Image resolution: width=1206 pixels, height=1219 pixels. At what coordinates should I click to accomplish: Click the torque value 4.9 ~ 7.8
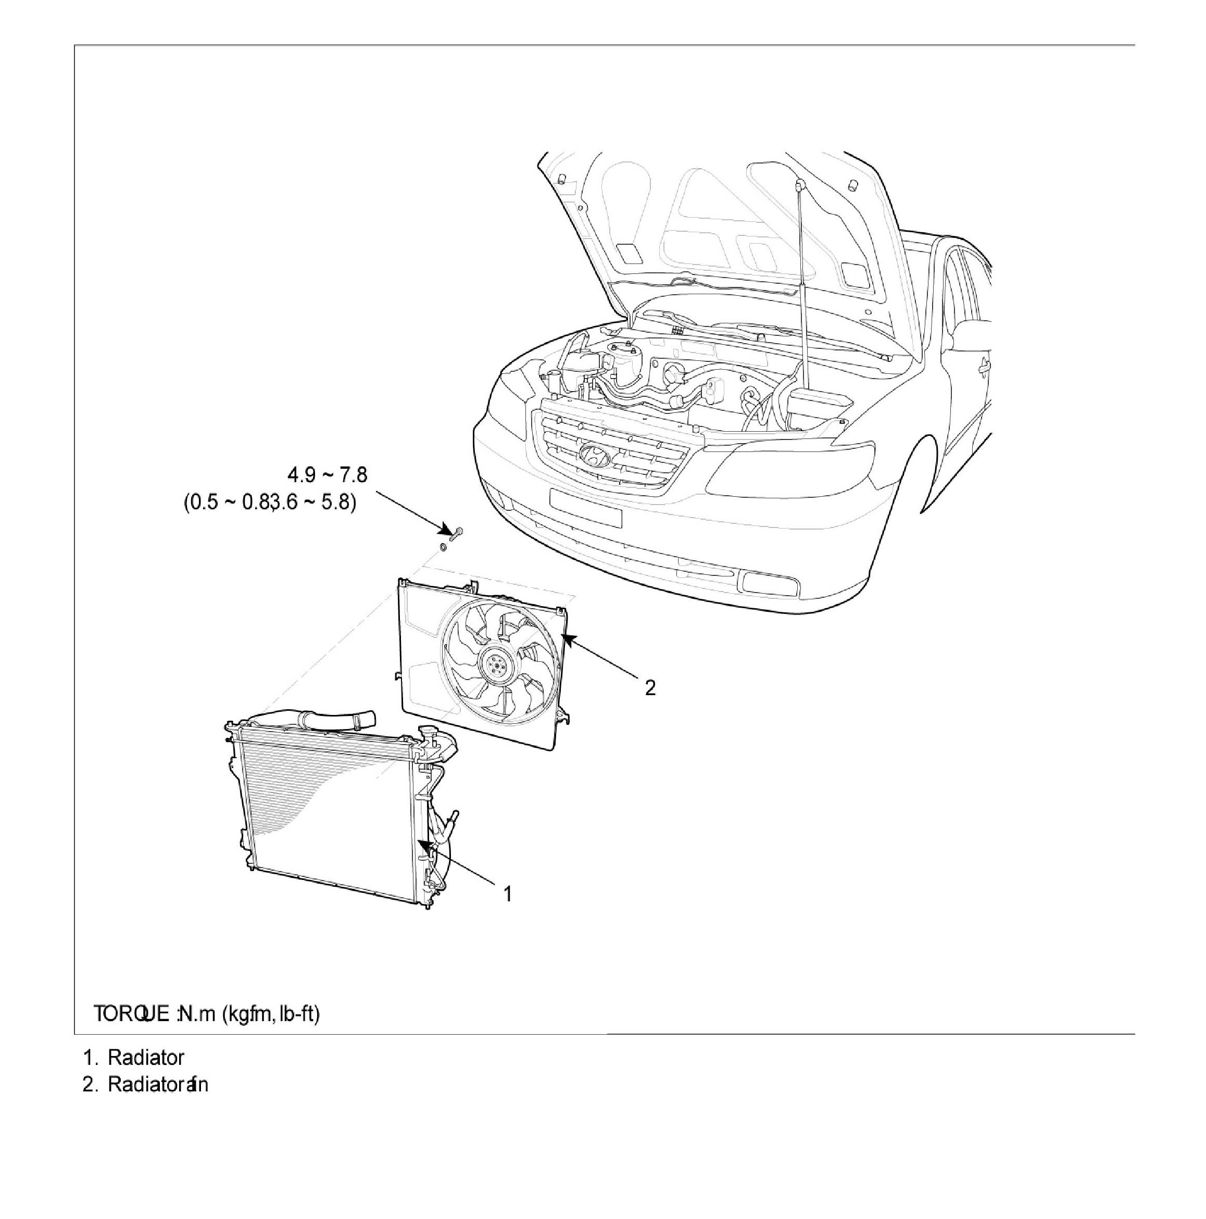326,474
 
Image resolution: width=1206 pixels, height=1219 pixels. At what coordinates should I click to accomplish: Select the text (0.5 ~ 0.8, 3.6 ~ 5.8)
269,503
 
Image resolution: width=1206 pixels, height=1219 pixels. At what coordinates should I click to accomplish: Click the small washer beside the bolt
443,545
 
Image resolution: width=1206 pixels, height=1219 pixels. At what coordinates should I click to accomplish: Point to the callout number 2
650,687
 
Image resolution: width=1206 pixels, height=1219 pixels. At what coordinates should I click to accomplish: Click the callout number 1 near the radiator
507,894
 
